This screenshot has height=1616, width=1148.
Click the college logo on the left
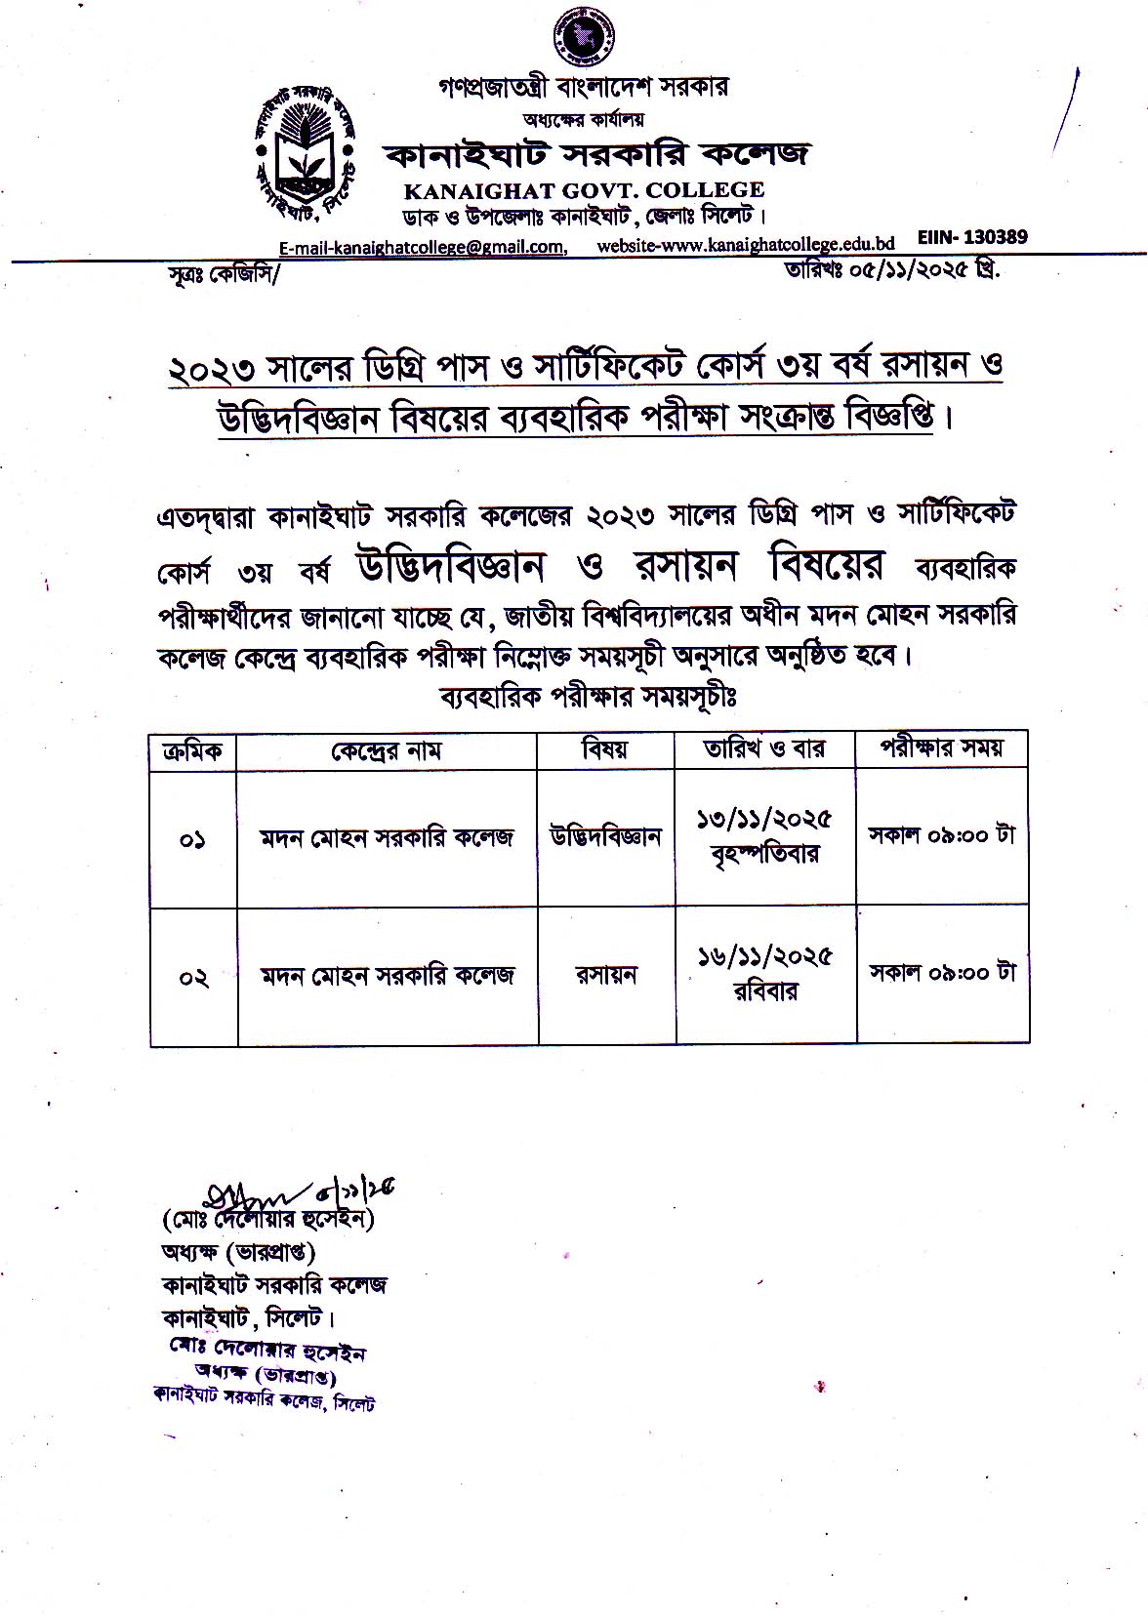point(305,148)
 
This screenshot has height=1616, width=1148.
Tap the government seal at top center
point(583,36)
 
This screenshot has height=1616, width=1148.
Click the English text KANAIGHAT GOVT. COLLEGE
point(583,190)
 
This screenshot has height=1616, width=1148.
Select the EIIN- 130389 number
point(972,237)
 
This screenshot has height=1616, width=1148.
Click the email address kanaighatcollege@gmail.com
point(422,248)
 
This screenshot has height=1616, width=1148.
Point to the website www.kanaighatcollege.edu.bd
point(746,246)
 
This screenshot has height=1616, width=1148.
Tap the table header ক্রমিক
point(192,750)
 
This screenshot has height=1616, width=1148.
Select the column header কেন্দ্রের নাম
point(387,750)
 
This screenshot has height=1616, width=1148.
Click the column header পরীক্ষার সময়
point(941,747)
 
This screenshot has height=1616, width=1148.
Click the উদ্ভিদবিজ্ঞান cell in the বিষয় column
point(605,837)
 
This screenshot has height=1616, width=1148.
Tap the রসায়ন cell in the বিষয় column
point(605,975)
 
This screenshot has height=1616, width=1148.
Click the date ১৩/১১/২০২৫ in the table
point(763,820)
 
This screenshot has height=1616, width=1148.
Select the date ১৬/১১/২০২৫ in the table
point(763,957)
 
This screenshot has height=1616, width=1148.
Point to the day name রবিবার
point(765,992)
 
